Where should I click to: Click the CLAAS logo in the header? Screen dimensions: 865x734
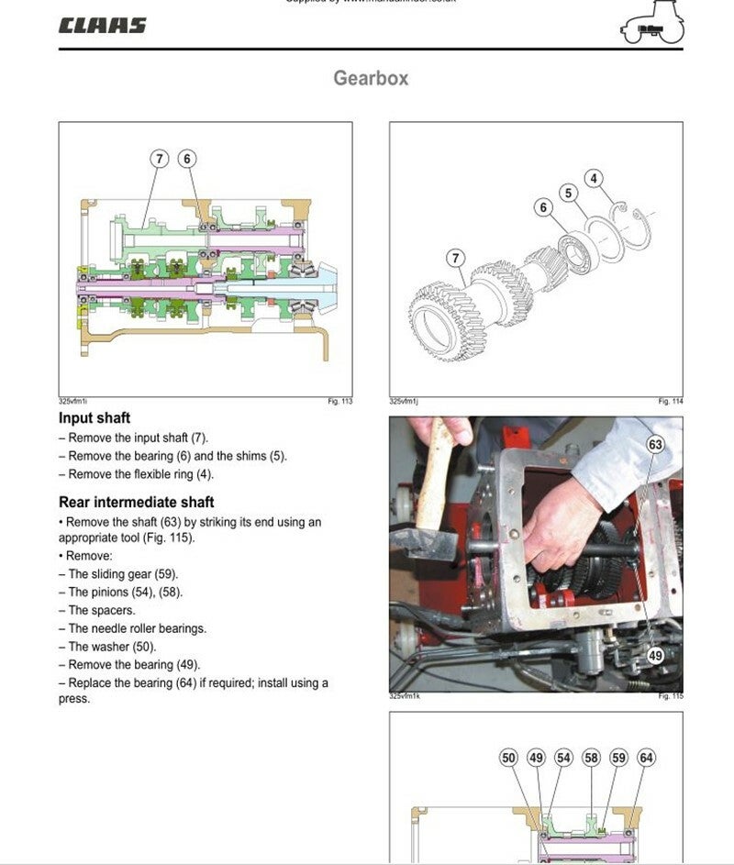pos(102,26)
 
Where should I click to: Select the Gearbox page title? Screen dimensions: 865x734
pos(371,78)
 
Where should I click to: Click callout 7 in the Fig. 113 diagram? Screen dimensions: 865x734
pos(160,159)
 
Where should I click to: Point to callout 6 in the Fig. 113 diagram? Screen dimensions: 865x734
pos(187,159)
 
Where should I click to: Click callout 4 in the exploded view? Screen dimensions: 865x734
pos(594,178)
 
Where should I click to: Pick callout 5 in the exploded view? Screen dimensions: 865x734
pos(569,193)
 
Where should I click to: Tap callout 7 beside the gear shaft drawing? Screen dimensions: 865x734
pos(456,259)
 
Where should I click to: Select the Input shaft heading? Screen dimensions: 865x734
pos(95,418)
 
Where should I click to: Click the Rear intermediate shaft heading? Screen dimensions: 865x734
pos(136,502)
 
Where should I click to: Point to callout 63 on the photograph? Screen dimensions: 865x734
pos(655,445)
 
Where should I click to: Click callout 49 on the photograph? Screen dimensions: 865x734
pos(655,656)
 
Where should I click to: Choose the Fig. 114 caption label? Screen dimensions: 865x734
pos(670,402)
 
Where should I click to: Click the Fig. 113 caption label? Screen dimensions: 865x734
pos(339,402)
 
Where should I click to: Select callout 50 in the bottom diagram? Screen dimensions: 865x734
pos(509,758)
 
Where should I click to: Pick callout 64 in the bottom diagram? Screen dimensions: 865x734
pos(646,758)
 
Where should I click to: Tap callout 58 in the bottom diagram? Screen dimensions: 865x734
pos(591,758)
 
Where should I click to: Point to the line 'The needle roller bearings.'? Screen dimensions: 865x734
pos(137,628)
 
